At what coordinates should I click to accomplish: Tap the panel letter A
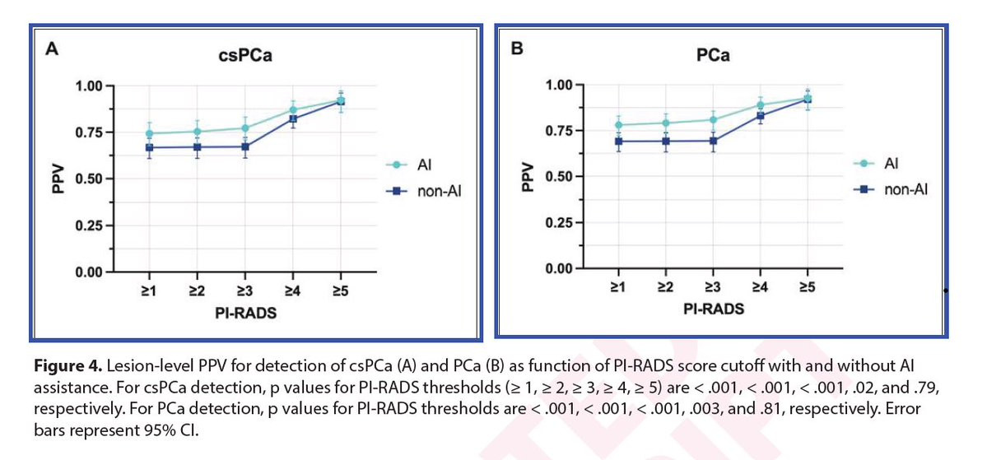[x=51, y=48]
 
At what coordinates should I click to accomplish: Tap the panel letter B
[x=517, y=49]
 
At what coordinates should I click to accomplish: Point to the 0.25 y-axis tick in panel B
[x=560, y=223]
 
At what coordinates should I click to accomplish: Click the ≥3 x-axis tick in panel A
[x=245, y=289]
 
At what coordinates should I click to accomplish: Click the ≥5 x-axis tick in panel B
[x=808, y=286]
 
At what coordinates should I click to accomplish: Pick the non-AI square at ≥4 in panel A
[x=293, y=118]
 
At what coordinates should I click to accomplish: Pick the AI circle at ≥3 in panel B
[x=713, y=120]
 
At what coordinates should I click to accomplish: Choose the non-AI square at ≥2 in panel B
[x=666, y=141]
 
